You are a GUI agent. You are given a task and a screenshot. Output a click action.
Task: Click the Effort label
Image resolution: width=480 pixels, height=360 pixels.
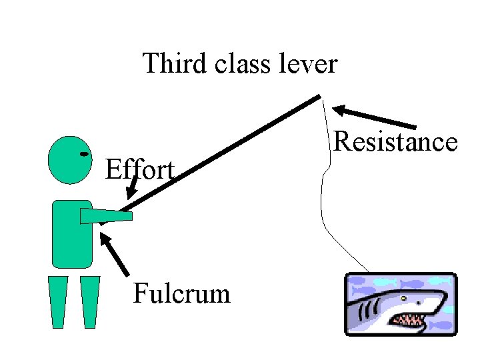(x=140, y=170)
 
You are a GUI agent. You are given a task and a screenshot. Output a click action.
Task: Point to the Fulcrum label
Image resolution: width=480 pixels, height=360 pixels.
(x=181, y=293)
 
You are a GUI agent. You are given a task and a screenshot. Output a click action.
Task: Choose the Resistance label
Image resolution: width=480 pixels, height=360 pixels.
(x=395, y=142)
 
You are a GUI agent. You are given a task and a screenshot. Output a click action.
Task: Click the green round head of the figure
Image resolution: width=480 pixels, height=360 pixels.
(x=69, y=160)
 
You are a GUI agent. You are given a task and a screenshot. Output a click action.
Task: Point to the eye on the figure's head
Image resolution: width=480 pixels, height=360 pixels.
(x=84, y=154)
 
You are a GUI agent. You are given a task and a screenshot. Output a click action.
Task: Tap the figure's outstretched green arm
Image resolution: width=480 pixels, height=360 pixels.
(x=107, y=215)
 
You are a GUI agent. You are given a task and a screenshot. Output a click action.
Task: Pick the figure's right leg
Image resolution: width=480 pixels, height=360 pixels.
(x=89, y=301)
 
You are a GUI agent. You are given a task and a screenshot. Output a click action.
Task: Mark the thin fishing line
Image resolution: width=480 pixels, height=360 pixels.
(x=323, y=200)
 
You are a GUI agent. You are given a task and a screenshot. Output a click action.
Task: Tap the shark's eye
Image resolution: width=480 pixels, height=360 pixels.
(x=403, y=298)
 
